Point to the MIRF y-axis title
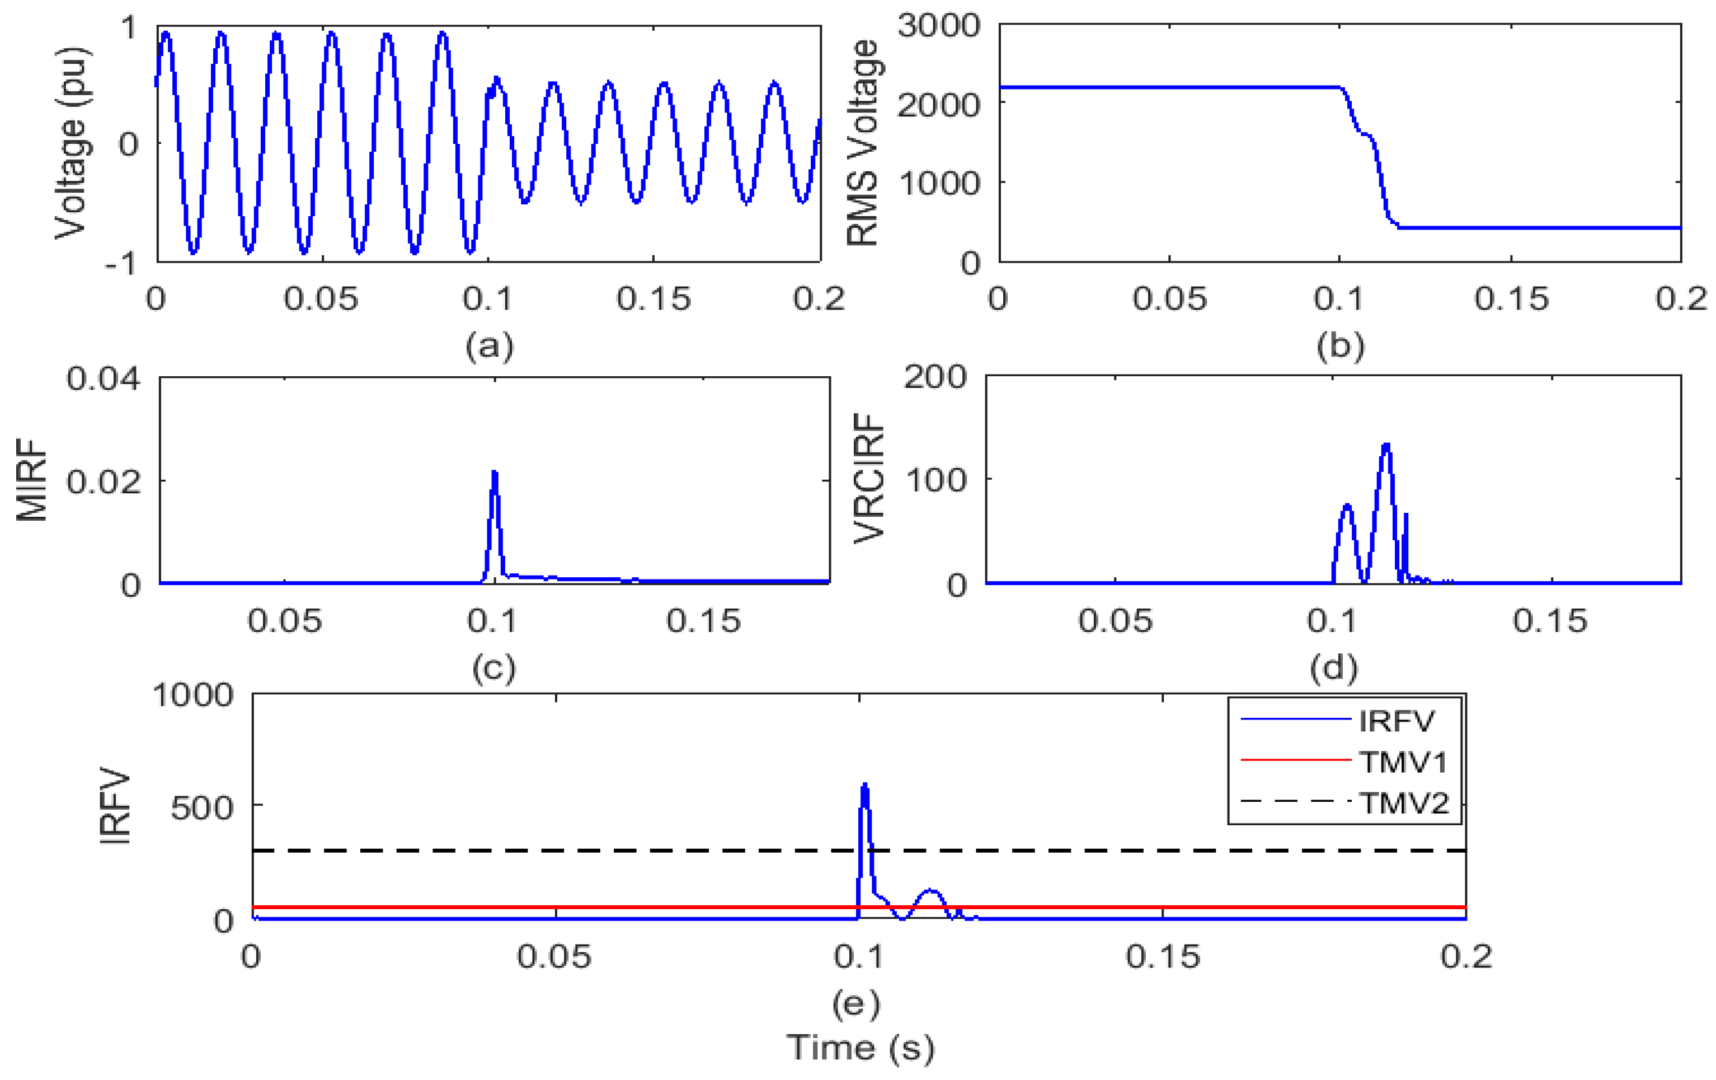(x=31, y=480)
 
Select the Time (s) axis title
(x=860, y=1048)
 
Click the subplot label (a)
(x=489, y=346)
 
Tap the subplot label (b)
(x=1341, y=346)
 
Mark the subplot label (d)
(x=1333, y=667)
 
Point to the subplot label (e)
(x=856, y=1004)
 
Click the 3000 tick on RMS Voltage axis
(x=938, y=26)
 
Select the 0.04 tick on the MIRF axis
(x=104, y=378)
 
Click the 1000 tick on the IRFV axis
(x=192, y=694)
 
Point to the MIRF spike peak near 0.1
(x=495, y=472)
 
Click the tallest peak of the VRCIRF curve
(x=1386, y=445)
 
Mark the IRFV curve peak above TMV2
(x=865, y=785)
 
